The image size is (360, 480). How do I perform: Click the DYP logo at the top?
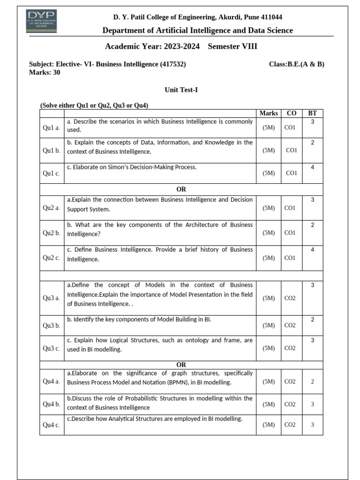tap(42, 21)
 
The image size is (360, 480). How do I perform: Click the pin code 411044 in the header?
tap(269, 17)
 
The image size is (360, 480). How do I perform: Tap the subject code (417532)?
tap(173, 64)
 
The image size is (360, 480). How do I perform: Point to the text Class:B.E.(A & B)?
tap(296, 64)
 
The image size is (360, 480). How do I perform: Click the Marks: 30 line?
tap(45, 72)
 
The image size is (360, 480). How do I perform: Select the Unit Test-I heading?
tap(181, 90)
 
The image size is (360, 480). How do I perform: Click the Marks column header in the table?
tap(269, 113)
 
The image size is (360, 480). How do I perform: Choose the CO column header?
tap(291, 113)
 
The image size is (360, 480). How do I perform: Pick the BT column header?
tap(312, 113)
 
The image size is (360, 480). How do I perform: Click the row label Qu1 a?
tap(52, 127)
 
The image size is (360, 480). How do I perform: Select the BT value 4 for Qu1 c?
tap(312, 167)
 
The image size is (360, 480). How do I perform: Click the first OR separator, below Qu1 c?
tap(181, 189)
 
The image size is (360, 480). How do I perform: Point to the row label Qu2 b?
tap(52, 233)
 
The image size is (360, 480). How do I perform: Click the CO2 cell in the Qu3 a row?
tap(290, 298)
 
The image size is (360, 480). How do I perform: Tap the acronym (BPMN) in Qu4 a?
tap(180, 382)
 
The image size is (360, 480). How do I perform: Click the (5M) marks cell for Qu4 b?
tap(269, 404)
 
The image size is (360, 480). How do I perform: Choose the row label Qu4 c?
tap(52, 425)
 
